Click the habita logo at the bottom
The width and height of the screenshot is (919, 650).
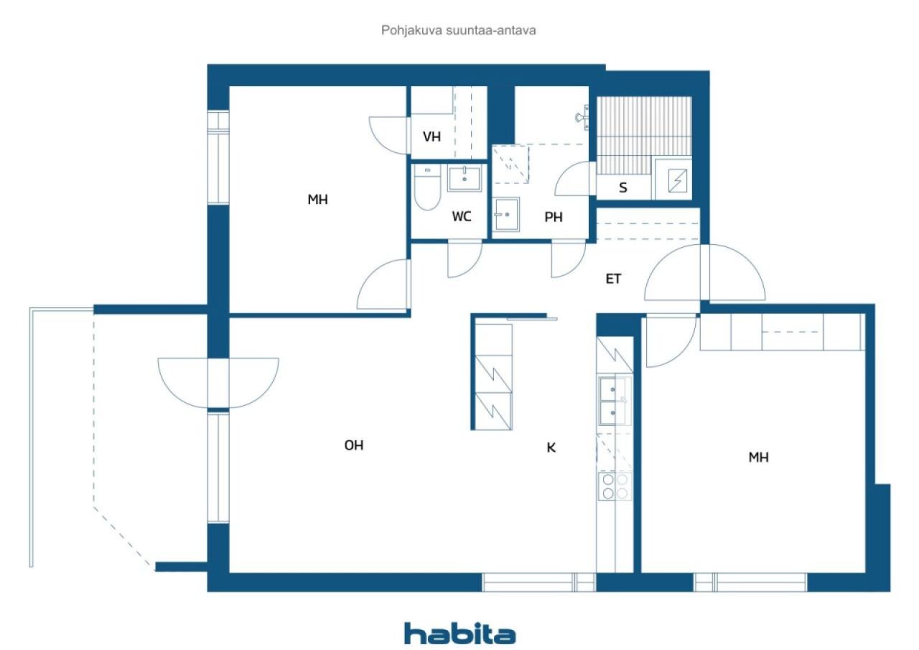[460, 633]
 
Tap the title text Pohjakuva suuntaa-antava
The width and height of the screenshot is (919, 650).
[458, 30]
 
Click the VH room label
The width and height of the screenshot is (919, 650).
[431, 136]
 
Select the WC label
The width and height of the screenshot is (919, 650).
[462, 216]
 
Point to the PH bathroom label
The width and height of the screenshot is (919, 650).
[554, 217]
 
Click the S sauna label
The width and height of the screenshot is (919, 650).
[622, 187]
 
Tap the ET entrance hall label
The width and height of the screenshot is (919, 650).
[613, 279]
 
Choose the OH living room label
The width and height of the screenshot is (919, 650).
[354, 445]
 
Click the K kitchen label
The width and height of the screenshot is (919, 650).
[551, 447]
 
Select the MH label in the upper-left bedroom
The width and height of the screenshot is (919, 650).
[317, 200]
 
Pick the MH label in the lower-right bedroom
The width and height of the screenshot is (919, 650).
[758, 457]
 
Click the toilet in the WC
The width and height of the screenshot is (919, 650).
[427, 187]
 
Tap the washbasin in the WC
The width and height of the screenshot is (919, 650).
[465, 178]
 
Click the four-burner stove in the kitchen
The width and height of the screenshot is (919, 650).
[615, 486]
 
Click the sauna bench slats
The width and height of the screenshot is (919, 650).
[644, 136]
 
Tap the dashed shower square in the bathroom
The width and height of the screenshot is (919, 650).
[510, 164]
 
